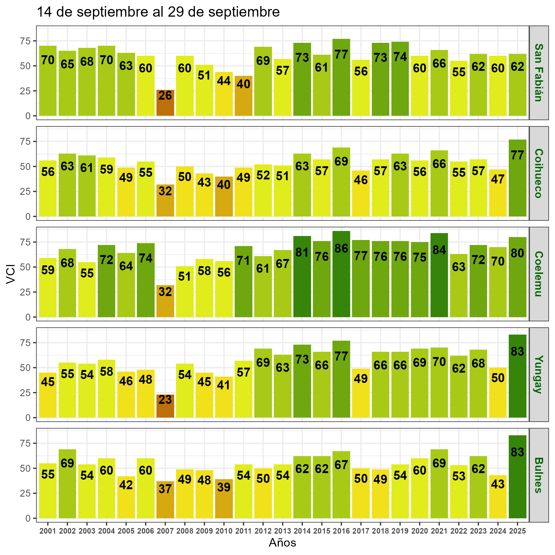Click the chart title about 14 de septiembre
pyautogui.click(x=158, y=12)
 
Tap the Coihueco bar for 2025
pyautogui.click(x=517, y=178)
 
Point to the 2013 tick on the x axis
pyautogui.click(x=283, y=531)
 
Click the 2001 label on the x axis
pyautogui.click(x=48, y=531)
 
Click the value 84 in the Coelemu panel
pyautogui.click(x=439, y=250)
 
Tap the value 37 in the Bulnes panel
pyautogui.click(x=165, y=489)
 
